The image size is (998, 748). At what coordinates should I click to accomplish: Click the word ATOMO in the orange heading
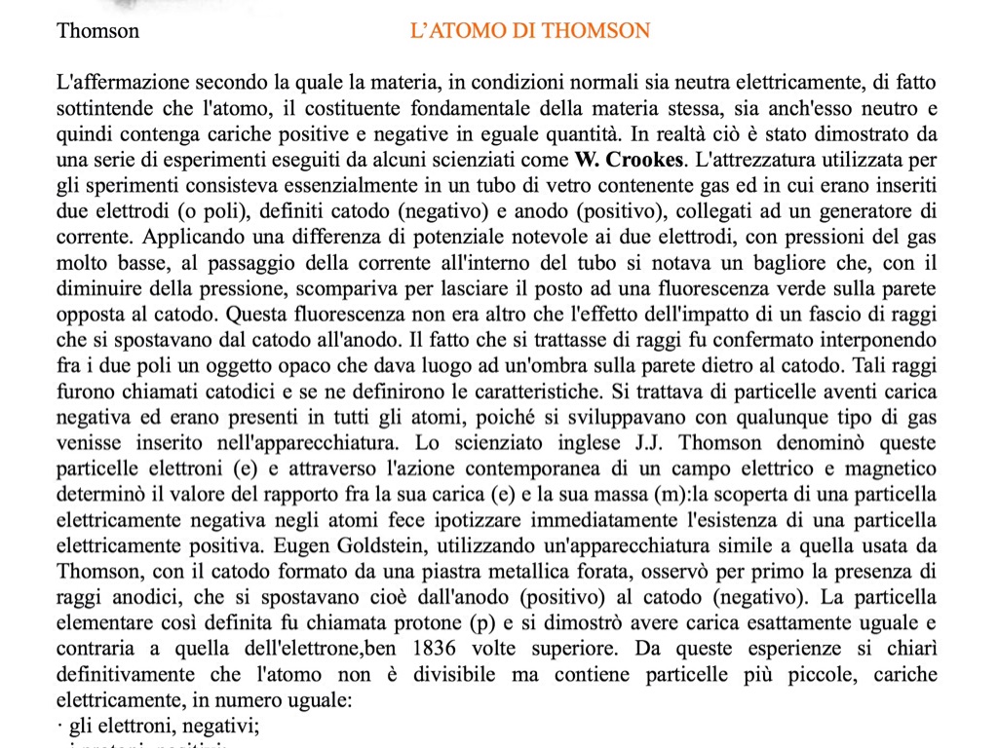coord(469,31)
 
